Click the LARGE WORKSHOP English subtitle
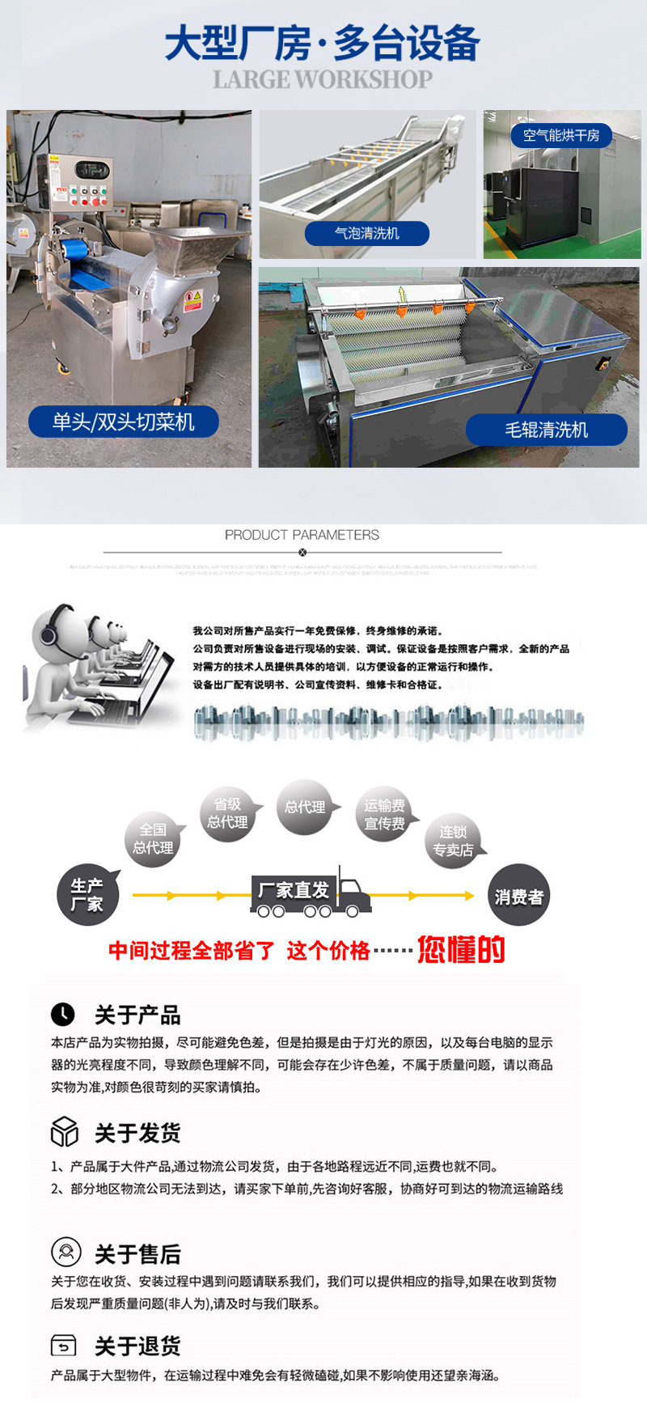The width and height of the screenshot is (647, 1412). tap(323, 79)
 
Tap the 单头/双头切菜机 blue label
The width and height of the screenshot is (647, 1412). tap(124, 422)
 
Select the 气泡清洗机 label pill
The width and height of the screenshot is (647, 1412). tap(366, 233)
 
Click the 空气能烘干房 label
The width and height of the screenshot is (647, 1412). tap(561, 135)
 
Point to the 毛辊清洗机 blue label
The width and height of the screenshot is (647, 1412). tap(547, 430)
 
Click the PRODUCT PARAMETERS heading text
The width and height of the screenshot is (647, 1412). tap(302, 535)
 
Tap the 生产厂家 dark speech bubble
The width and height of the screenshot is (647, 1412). tap(87, 895)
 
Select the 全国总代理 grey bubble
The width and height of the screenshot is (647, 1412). tap(153, 839)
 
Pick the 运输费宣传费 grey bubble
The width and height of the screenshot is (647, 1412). tap(384, 814)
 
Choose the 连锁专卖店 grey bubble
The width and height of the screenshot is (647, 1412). tap(453, 841)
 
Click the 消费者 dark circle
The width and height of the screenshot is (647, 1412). tap(518, 896)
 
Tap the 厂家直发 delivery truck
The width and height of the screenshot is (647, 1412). tap(310, 893)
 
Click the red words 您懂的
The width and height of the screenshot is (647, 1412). tap(461, 949)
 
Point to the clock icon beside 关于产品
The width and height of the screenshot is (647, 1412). tap(63, 1014)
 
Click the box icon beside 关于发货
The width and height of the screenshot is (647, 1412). tap(64, 1131)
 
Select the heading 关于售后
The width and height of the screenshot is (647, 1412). tap(137, 1254)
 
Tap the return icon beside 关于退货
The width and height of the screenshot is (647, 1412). tap(63, 1346)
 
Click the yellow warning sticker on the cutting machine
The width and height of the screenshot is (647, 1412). tap(192, 300)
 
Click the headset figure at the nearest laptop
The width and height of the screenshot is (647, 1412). tap(57, 655)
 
